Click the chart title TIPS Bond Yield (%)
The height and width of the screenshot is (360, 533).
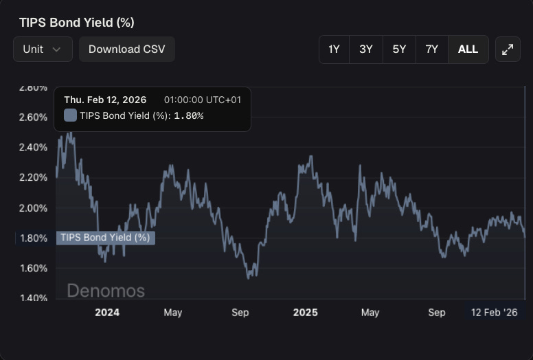click(x=76, y=23)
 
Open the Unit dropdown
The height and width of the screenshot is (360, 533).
click(x=43, y=49)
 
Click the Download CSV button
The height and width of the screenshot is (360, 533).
click(x=126, y=49)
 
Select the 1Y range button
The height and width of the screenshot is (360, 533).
click(x=334, y=49)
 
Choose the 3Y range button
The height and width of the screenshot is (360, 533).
click(x=366, y=49)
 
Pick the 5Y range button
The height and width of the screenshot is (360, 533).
click(x=399, y=49)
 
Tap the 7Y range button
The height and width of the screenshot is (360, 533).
click(x=431, y=49)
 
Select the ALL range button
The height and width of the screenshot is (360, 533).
click(x=468, y=49)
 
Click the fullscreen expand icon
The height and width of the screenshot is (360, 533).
click(x=508, y=49)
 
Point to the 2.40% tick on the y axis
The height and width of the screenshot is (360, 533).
click(x=32, y=147)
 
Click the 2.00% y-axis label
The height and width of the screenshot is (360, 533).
click(x=32, y=207)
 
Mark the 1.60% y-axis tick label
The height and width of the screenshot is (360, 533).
click(x=32, y=268)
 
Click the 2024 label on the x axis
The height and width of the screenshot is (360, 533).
click(x=107, y=313)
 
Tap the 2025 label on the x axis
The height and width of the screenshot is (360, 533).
click(x=306, y=313)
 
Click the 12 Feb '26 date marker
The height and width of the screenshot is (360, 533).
click(x=494, y=313)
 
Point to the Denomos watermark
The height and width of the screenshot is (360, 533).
click(x=106, y=291)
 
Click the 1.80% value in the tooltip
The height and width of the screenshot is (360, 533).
click(x=188, y=115)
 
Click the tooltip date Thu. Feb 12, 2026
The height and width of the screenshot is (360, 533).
click(x=105, y=100)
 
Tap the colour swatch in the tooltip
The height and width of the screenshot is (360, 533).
click(x=70, y=115)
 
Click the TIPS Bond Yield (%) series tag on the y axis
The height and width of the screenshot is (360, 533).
click(x=105, y=238)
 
